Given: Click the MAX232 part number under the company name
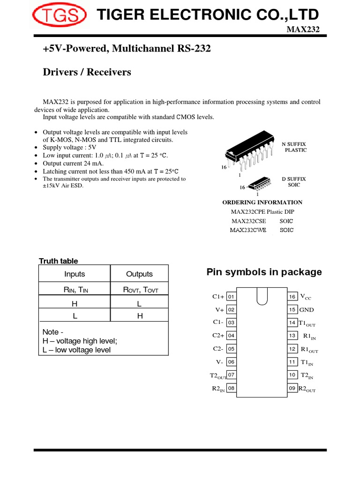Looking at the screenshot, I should [x=306, y=30].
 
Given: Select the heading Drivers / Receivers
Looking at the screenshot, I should [x=87, y=72].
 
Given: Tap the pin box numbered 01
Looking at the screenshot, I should [x=231, y=297].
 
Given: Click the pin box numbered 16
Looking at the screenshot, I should [x=292, y=297].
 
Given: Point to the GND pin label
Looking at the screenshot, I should [x=307, y=310].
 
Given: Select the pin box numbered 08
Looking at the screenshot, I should [x=231, y=388].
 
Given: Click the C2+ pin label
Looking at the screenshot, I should [x=218, y=336].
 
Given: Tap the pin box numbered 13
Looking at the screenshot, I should [x=292, y=336].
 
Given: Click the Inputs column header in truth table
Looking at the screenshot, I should [x=75, y=274].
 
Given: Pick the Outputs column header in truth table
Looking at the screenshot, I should [x=139, y=274].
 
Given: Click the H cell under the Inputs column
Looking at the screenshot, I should [x=75, y=304].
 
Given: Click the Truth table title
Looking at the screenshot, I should [x=58, y=261].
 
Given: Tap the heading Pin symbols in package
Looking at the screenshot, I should [x=264, y=272].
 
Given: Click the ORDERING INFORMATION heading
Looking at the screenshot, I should [x=262, y=202].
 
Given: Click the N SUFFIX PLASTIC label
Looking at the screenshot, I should [x=294, y=147].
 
